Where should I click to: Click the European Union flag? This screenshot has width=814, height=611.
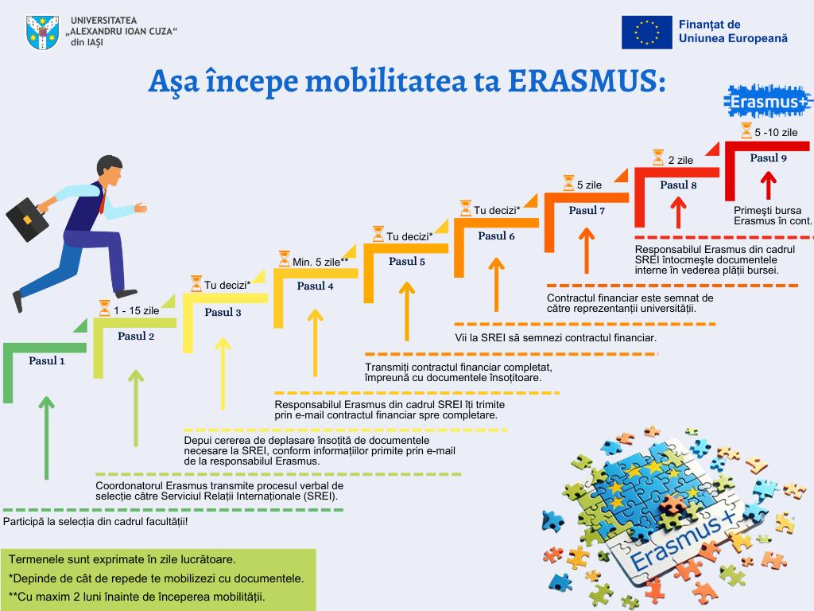[x=647, y=32]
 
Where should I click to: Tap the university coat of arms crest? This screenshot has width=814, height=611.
[x=43, y=32]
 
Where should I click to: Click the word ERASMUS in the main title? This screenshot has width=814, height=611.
[x=587, y=81]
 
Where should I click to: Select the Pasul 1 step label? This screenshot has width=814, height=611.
[x=47, y=360]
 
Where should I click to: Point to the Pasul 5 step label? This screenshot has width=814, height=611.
[x=407, y=261]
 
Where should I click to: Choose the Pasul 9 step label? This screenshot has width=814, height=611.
[x=769, y=158]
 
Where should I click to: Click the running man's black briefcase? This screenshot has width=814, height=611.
[x=27, y=219]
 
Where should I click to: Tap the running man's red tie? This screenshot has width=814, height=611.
[x=103, y=202]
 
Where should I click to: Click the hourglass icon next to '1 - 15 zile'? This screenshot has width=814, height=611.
[x=104, y=308]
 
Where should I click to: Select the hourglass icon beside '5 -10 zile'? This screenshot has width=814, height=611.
[x=746, y=130]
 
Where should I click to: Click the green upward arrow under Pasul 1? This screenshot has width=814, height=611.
[x=47, y=438]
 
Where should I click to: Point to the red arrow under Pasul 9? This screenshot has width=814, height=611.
[x=769, y=185]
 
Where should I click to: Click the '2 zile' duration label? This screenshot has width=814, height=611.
[x=680, y=160]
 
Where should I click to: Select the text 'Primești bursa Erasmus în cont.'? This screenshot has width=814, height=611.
[x=773, y=216]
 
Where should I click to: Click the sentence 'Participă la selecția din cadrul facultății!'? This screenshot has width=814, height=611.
[x=95, y=521]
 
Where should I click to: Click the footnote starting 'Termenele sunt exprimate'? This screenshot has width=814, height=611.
[x=122, y=559]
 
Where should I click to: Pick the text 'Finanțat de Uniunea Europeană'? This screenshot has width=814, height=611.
[x=733, y=31]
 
